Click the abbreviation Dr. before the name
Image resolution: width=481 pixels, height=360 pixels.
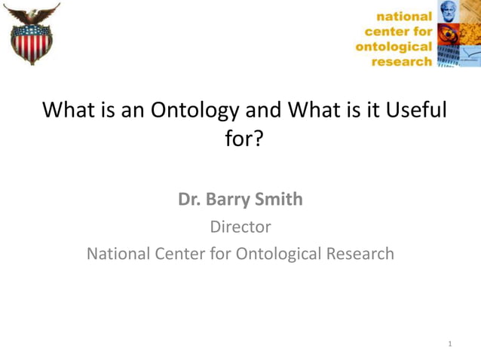188,199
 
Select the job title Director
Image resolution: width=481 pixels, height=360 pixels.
240,226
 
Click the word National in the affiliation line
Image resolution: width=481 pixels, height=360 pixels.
120,253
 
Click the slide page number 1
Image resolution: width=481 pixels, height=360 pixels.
450,343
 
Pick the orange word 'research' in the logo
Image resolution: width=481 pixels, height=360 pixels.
403,62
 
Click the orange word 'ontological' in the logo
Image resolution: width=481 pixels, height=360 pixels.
394,47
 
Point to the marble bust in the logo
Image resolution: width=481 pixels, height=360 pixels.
448,12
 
